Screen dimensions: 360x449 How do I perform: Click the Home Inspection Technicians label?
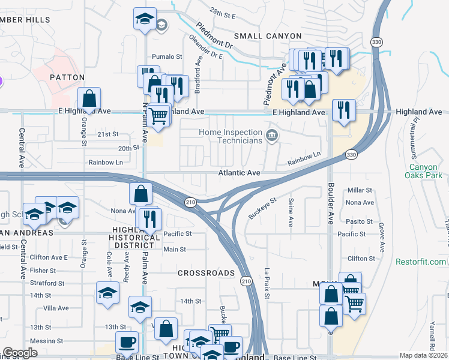231,136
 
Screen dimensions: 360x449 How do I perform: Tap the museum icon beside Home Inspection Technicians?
272,136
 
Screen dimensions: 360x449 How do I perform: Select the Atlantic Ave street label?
239,173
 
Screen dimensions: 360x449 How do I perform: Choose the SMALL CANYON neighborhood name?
262,36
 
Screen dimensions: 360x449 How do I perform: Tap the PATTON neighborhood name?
67,78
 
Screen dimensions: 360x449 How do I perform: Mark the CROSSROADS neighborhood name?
206,273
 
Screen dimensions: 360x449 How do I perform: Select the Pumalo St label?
167,57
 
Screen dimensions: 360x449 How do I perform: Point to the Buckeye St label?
263,209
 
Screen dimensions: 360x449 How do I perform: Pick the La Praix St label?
268,283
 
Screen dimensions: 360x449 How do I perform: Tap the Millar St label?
361,190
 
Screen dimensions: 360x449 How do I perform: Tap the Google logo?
20,353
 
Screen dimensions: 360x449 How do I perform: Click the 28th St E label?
223,11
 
